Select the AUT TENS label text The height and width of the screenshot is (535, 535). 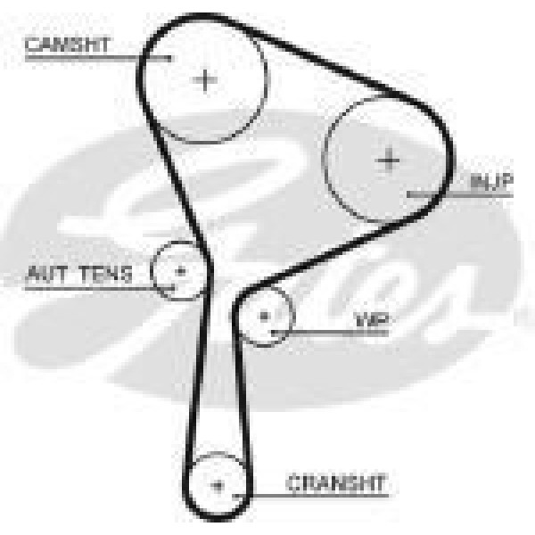tap(80, 274)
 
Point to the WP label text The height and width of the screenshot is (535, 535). tap(372, 319)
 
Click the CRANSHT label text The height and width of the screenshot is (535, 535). tap(337, 482)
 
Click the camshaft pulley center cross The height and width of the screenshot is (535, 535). tap(206, 80)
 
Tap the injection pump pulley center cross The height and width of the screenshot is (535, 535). tap(389, 160)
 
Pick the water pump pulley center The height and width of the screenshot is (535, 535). tap(264, 315)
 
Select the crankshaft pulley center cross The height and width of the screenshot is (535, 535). tap(218, 486)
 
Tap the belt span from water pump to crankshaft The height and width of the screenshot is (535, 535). tap(243, 401)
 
